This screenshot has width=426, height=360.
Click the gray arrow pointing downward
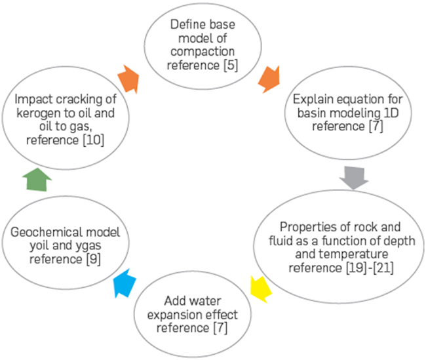(x=355, y=177)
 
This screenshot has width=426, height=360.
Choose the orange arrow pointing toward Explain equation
(x=270, y=79)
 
